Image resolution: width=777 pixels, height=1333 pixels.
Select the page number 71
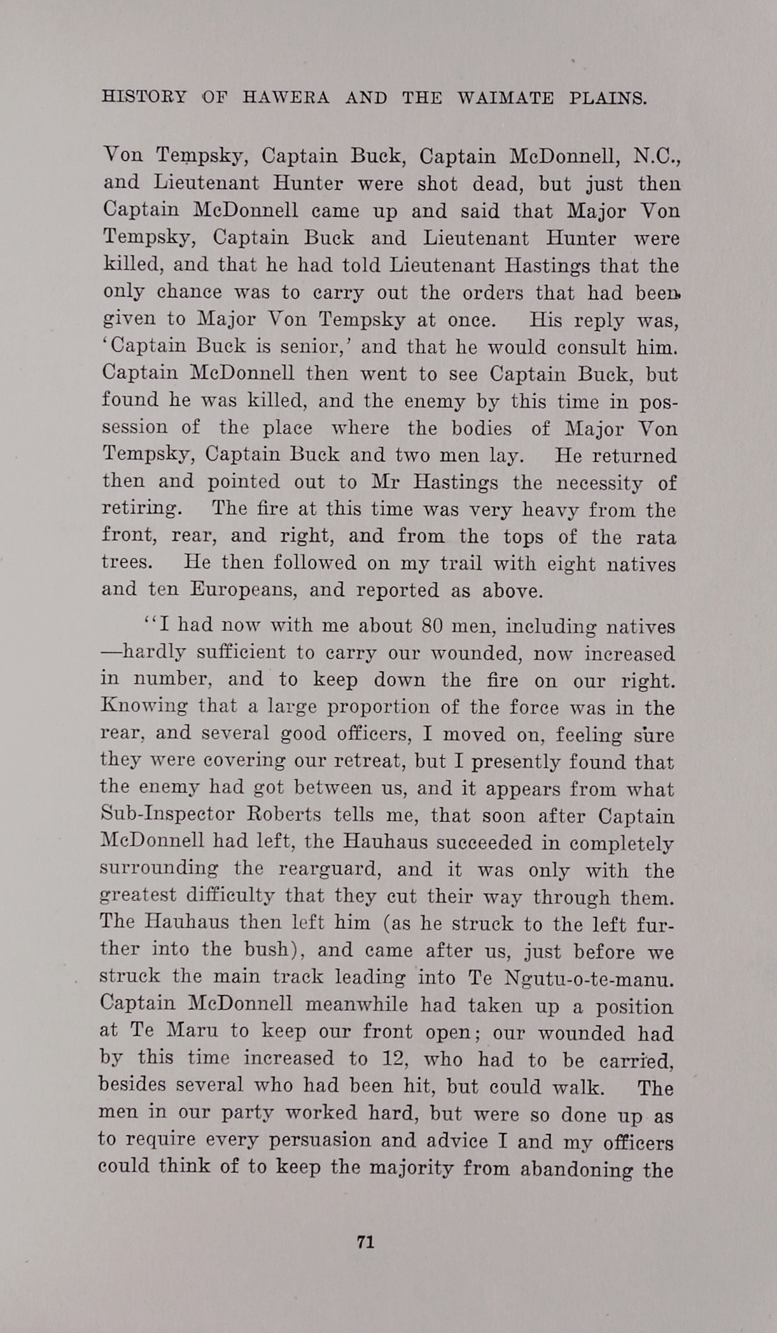click(x=365, y=1242)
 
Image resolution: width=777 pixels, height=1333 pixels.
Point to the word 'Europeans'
click(x=244, y=590)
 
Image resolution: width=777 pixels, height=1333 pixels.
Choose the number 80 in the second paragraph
click(x=432, y=626)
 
